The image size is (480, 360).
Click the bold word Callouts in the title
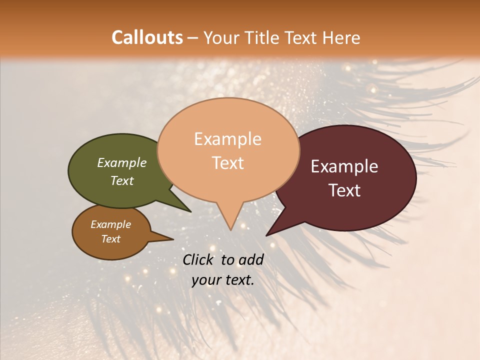(147, 37)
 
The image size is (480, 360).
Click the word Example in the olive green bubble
(121, 162)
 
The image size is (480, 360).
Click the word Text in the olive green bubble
(121, 180)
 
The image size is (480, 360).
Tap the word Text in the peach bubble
(227, 162)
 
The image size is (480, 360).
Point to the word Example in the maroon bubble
(344, 166)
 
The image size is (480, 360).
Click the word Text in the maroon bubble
(344, 190)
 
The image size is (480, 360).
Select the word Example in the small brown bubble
(110, 224)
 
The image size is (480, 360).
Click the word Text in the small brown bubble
(110, 239)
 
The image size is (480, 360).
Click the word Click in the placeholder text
(198, 259)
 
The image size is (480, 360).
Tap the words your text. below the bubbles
(223, 280)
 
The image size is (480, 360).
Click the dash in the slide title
(193, 37)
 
